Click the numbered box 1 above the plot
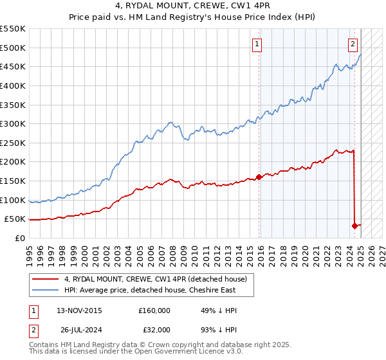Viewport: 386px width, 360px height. point(257,44)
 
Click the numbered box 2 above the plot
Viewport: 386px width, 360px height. point(353,44)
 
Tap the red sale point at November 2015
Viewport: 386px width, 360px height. point(259,176)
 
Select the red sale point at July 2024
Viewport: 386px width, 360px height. point(354,226)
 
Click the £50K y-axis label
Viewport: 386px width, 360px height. point(15,219)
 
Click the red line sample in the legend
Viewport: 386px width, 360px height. point(46,278)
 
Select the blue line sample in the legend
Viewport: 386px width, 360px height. point(46,290)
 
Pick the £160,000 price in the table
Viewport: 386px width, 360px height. point(154,310)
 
